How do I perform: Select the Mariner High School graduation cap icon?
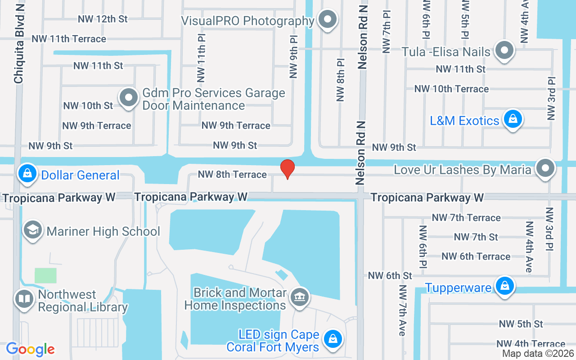[x=33, y=230]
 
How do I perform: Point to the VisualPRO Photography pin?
[x=328, y=20]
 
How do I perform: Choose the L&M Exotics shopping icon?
[x=512, y=119]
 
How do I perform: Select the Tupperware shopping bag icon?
[x=505, y=286]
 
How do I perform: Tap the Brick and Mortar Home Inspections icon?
[x=299, y=297]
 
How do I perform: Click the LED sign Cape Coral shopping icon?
[x=333, y=339]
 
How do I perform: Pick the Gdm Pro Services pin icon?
[x=129, y=97]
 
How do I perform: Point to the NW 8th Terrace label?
[x=232, y=174]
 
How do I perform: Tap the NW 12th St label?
[x=103, y=19]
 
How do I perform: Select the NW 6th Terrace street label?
[x=476, y=256]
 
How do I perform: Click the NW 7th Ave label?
[x=402, y=310]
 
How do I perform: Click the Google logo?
[x=30, y=349]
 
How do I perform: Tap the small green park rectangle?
[x=46, y=275]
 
